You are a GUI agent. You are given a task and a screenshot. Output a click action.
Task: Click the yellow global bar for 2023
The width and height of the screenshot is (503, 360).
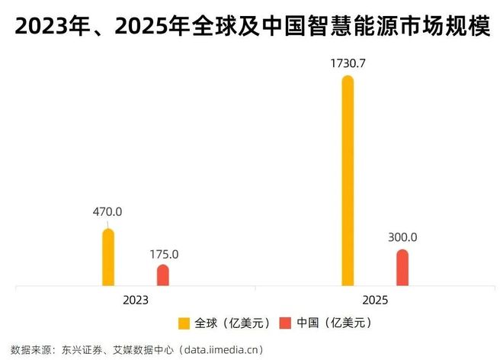108,258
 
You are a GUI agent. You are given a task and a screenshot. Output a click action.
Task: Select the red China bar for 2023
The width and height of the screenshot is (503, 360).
163,275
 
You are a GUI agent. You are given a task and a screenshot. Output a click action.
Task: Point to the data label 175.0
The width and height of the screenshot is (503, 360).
163,254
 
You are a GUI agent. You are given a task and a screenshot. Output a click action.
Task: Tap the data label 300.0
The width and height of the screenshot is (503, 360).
402,238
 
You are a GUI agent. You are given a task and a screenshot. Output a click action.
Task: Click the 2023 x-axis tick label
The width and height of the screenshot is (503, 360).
136,300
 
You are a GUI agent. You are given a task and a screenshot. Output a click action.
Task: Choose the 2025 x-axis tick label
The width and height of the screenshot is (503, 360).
375,300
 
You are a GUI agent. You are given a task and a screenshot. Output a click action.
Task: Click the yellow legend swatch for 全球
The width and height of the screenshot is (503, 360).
184,323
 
